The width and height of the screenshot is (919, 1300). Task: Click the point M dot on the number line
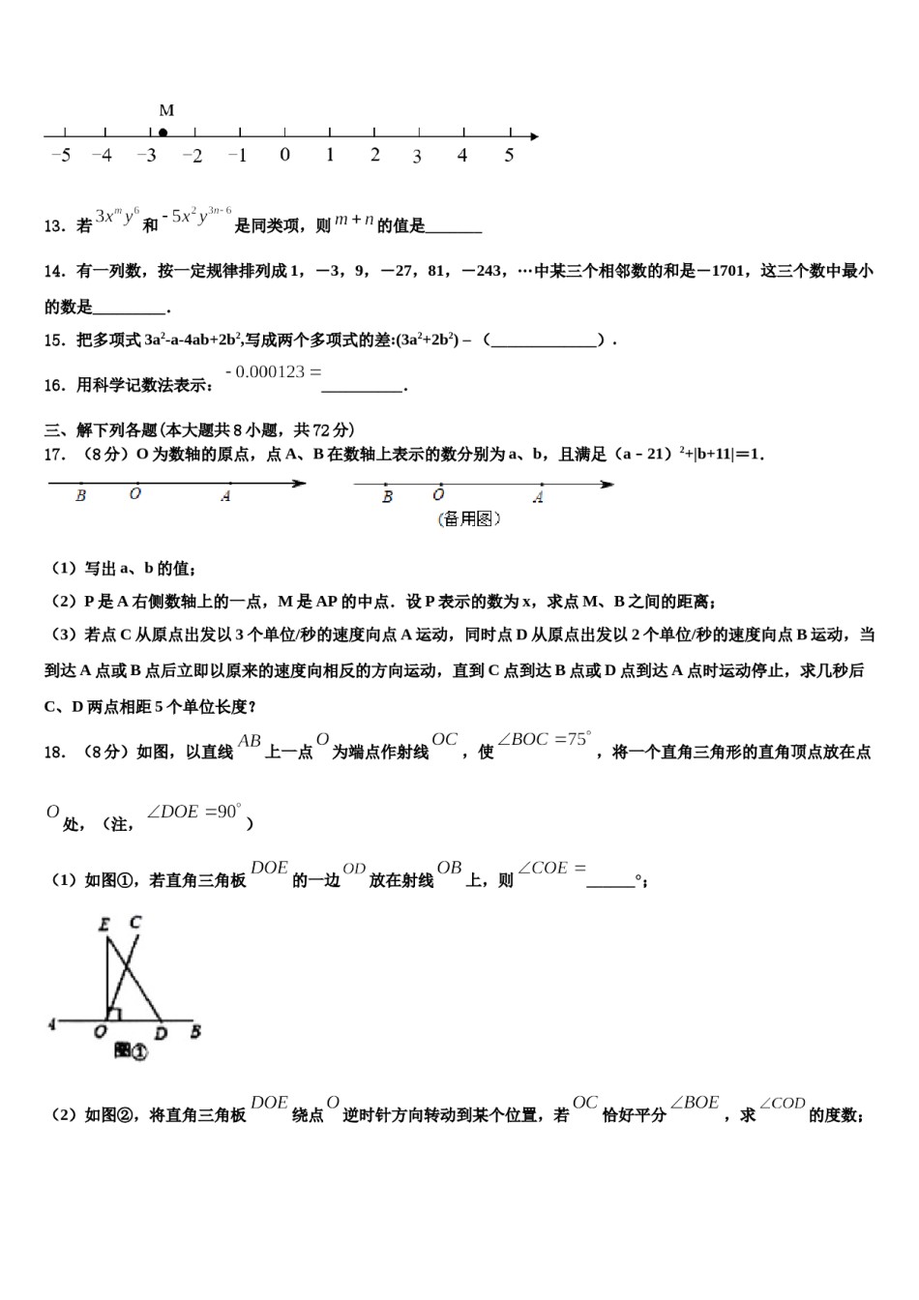pos(163,133)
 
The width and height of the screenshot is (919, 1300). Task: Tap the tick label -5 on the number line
pos(60,155)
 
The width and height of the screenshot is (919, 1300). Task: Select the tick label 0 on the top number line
pos(284,155)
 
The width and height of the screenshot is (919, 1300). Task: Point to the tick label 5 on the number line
pos(509,155)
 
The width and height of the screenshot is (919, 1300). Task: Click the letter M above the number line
pos(166,110)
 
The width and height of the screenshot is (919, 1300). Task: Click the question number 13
pos(54,226)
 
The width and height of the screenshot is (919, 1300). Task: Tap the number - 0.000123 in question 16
pos(273,371)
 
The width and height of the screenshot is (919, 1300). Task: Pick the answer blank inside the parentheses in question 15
pos(544,340)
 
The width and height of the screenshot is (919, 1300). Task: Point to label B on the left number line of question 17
pos(80,496)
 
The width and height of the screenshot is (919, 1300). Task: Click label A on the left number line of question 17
pos(225,496)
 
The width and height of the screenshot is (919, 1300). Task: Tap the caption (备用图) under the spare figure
pos(469,519)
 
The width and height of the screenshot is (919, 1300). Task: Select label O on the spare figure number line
pos(438,495)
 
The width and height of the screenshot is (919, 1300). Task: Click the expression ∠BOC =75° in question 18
pos(544,740)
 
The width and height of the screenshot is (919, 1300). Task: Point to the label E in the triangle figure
pos(104,925)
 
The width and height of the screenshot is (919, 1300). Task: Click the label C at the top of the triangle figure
pos(134,923)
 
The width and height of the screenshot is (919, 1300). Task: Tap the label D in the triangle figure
pos(161,1034)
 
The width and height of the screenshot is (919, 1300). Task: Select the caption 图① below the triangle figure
pos(131,1050)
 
